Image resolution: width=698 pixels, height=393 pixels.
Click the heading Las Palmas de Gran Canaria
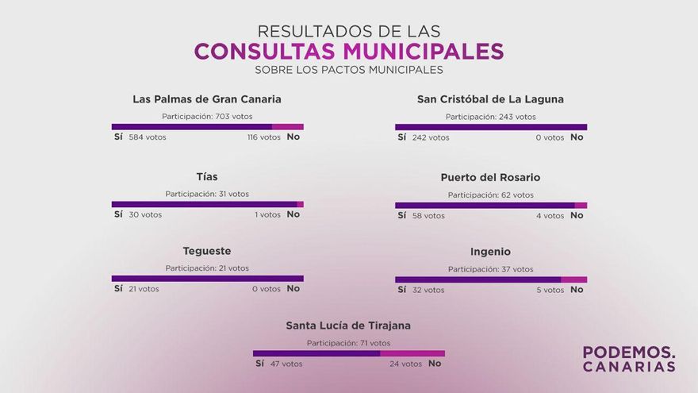coord(207,99)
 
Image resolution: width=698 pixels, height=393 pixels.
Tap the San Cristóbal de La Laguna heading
coord(490,99)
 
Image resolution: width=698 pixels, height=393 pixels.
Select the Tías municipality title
coord(207,176)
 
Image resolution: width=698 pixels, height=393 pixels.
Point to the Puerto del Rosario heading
coord(490,177)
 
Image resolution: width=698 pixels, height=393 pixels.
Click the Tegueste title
coord(207,251)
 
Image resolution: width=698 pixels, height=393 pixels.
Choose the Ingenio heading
coord(490,252)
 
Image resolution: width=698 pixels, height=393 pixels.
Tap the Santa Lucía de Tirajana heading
coord(348,326)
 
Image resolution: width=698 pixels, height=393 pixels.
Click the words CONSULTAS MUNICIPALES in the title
coord(349,52)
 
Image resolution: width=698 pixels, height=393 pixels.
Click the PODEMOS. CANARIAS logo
coord(629,359)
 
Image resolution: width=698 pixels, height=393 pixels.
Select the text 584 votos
coord(148,137)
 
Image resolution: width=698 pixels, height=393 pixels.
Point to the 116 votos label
coord(264,137)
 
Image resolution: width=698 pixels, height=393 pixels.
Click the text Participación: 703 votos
coord(207,116)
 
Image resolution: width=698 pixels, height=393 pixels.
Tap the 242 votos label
coord(431,137)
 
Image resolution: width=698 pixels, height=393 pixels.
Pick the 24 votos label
coord(406,364)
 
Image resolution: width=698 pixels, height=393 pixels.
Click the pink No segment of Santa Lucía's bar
coord(412,353)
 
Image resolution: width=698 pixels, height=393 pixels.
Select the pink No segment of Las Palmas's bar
coord(288,127)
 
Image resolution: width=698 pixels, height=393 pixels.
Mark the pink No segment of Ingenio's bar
coord(573,279)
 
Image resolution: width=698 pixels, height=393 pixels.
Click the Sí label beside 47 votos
coord(259,364)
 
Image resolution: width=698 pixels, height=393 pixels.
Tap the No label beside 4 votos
coord(577,215)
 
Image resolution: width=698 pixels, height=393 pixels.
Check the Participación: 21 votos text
coord(207,268)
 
